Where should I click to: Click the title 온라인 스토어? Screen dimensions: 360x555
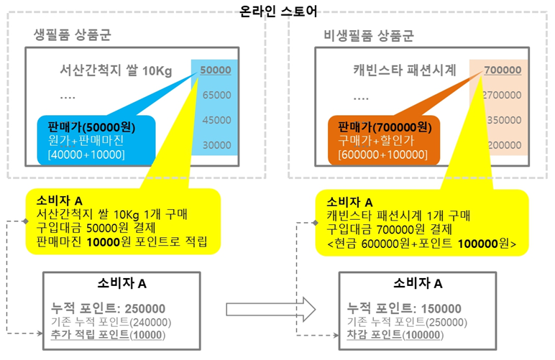pos(277,10)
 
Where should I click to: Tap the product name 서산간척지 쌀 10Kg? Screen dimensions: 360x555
pos(116,71)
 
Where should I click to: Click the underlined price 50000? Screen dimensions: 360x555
pos(216,70)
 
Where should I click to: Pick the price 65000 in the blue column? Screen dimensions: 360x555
pos(216,95)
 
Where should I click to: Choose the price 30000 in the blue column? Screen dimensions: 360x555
pos(216,144)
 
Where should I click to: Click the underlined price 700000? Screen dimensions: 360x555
pos(502,70)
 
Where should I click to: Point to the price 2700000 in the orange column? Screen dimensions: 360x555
pos(502,95)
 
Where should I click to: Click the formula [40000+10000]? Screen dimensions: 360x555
pos(86,154)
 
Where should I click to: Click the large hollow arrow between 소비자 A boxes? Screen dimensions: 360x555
pos(271,309)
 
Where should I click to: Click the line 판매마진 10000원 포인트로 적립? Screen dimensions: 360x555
pos(121,241)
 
